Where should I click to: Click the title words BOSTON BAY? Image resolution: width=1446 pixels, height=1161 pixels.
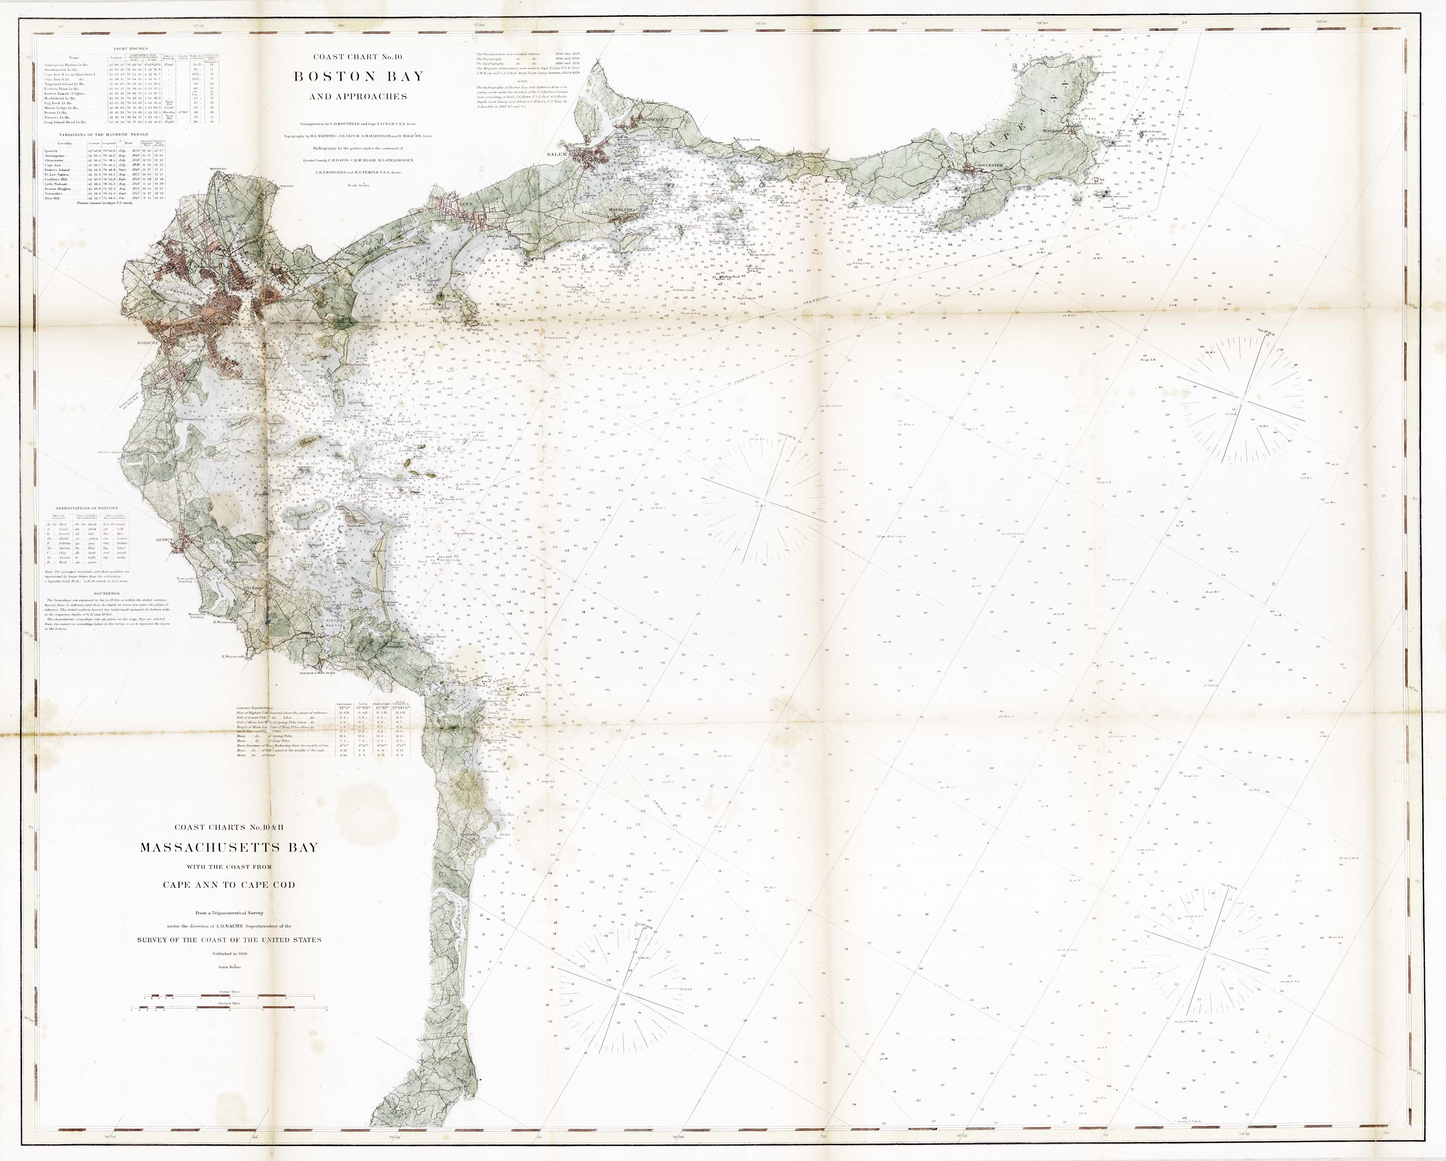click(359, 76)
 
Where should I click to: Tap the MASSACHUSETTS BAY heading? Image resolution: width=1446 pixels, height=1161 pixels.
click(229, 847)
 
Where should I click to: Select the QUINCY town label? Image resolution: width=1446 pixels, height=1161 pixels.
click(165, 539)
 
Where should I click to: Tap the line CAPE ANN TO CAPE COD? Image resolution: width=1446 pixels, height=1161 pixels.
click(229, 885)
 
